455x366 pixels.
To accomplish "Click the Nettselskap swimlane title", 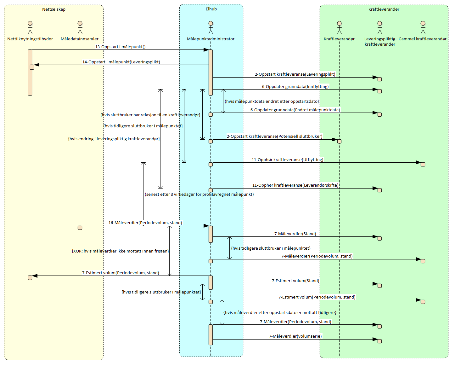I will (54, 9).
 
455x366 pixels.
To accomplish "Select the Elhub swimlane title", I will (211, 9).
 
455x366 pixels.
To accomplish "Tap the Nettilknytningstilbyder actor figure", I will (30, 27).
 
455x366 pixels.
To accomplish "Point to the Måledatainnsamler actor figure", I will (80, 27).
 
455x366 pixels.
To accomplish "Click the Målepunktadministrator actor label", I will (211, 39).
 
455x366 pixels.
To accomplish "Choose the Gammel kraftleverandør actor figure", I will (423, 27).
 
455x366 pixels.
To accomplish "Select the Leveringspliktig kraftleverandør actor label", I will (380, 42).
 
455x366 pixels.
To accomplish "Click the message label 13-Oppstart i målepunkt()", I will (120, 47).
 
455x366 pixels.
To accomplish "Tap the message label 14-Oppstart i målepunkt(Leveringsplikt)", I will (121, 62).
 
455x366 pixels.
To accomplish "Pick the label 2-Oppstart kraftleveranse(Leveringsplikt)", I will (295, 74).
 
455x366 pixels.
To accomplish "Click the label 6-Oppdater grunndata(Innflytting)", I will (295, 87).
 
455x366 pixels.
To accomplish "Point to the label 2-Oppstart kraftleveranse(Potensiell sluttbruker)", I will (274, 137).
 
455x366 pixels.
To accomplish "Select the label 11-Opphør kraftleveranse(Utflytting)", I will (287, 160).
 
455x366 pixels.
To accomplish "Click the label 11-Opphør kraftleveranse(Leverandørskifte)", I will (295, 185).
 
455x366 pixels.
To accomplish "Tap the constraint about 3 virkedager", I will (199, 195).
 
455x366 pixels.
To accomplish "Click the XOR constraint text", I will (121, 251).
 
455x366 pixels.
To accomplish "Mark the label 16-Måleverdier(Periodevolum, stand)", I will (145, 223).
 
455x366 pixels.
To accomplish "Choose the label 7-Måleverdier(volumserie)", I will (295, 336).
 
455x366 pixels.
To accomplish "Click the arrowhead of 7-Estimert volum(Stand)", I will (375, 284).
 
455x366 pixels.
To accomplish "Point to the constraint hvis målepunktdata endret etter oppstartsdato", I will (272, 102).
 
